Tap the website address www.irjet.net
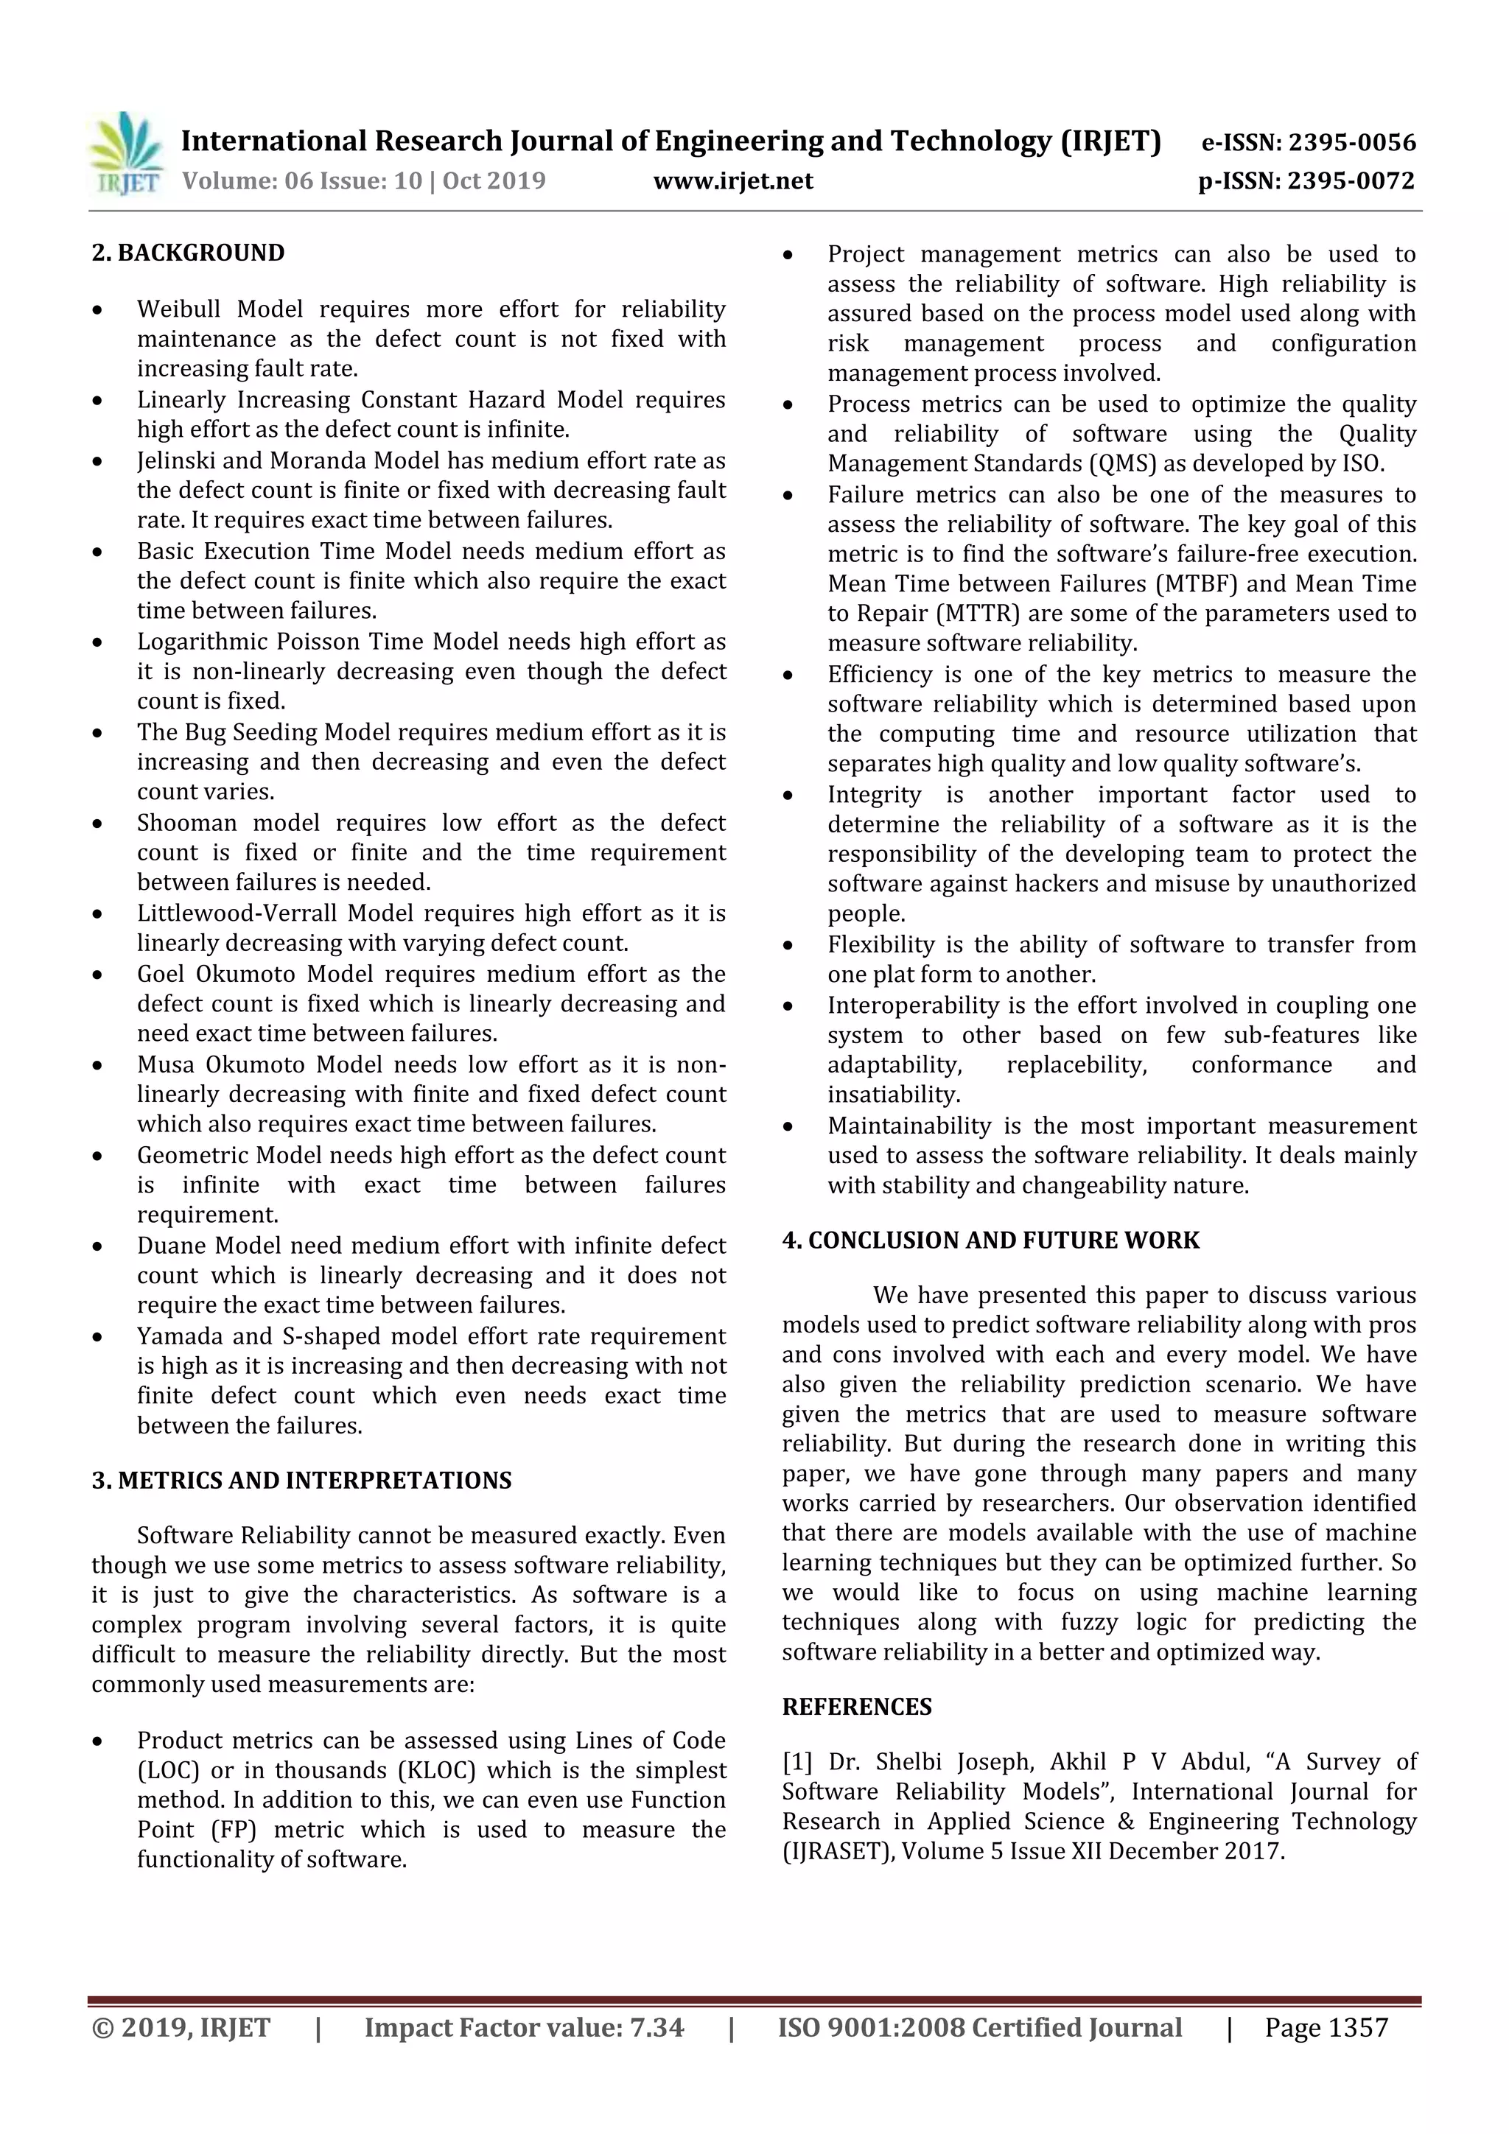coord(732,180)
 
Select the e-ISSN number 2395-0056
coord(1351,142)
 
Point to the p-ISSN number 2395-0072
coord(1351,180)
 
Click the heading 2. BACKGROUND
coord(188,253)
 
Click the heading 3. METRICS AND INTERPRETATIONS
coord(301,1481)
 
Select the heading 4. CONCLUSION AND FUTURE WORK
coord(990,1240)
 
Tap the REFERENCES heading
coord(856,1707)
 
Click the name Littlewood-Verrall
coord(238,913)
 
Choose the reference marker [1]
coord(796,1761)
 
